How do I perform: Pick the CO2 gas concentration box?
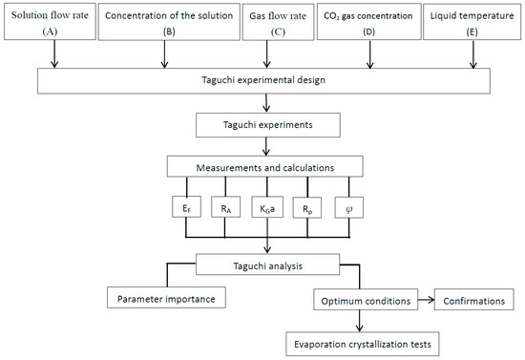tap(367, 22)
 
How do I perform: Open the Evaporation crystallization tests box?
tap(364, 340)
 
